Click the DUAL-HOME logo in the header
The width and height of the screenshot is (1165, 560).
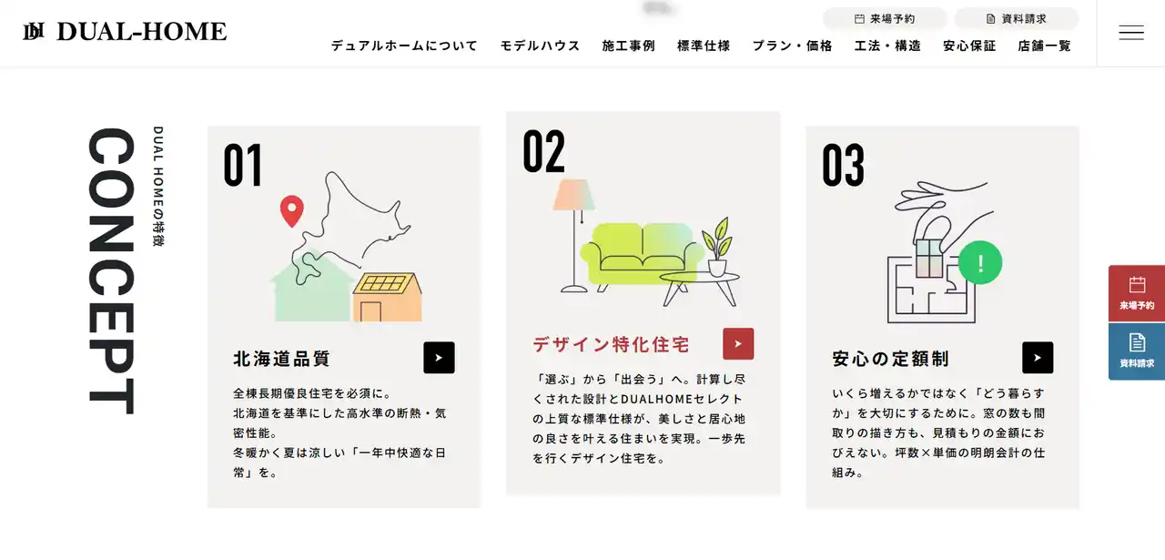coord(125,32)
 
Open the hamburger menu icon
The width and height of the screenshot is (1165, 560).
coord(1131,32)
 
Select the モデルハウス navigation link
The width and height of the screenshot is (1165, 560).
coord(540,46)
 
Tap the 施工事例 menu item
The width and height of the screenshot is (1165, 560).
coord(628,46)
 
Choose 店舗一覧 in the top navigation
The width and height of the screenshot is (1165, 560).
coord(1044,46)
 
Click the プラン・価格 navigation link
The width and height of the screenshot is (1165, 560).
coord(792,46)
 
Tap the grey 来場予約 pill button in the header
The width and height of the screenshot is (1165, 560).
coord(885,19)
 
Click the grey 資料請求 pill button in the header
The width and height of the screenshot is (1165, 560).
coord(1017,19)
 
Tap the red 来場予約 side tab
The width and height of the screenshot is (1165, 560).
coord(1137,293)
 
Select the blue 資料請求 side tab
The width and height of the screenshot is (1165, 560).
coord(1137,351)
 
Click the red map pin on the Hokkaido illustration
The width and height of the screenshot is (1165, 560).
coord(292,210)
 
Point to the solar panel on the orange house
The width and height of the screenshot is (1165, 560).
coord(385,283)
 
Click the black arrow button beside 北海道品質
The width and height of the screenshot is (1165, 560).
coord(439,358)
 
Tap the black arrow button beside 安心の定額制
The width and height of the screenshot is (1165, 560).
coord(1038,358)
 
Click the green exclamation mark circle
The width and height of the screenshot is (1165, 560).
coord(980,263)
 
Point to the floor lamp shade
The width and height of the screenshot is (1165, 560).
coord(573,195)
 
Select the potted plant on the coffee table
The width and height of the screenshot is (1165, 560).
coord(717,247)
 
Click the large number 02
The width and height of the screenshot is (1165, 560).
coord(544,151)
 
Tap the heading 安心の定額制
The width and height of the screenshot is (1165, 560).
coord(890,359)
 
